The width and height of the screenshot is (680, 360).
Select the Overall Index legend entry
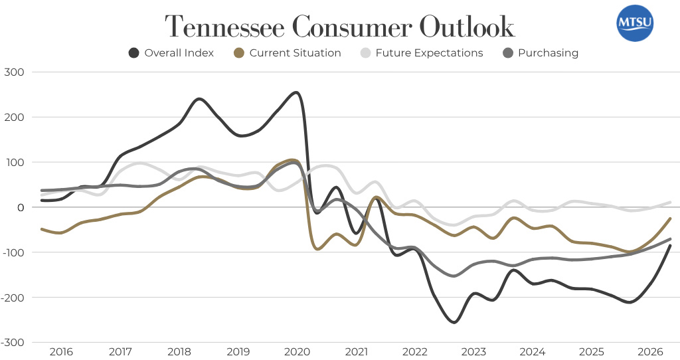tap(171, 53)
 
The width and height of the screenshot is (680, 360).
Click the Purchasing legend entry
tap(541, 53)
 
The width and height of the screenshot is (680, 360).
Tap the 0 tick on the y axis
tap(21, 207)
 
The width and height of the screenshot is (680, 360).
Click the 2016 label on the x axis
tap(61, 351)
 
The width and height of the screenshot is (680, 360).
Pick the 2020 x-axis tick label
tap(297, 351)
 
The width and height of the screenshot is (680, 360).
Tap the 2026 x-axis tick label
tap(651, 351)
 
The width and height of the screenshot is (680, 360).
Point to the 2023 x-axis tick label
tap(474, 351)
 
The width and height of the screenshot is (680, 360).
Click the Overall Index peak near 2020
tap(296, 92)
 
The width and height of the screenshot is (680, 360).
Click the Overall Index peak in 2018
tap(199, 99)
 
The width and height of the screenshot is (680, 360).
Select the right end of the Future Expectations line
tap(670, 202)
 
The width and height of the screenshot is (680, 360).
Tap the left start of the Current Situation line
tap(42, 229)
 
